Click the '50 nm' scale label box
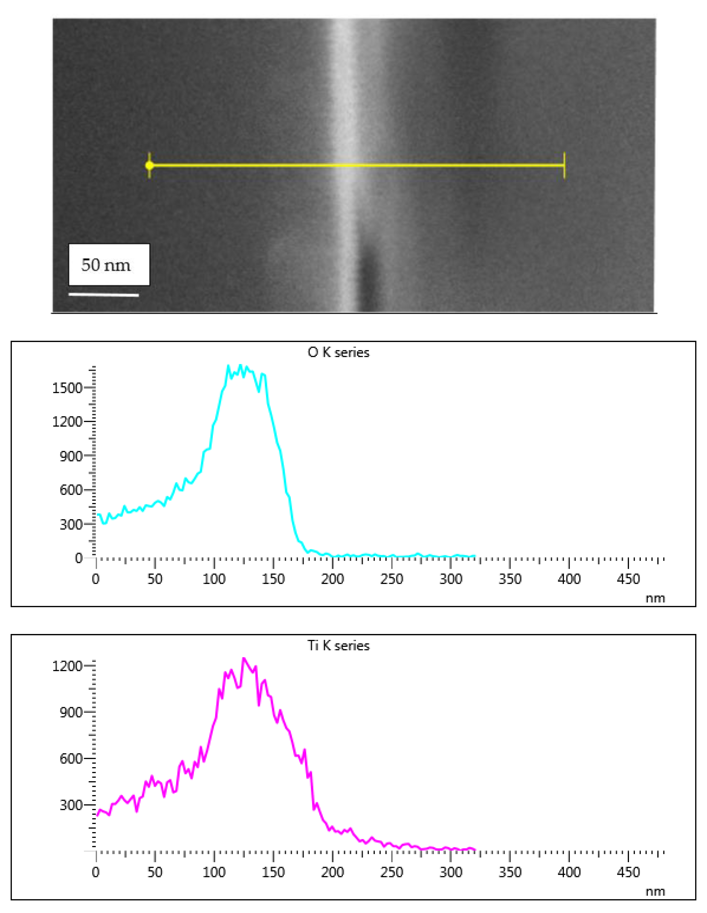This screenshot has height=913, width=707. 109,265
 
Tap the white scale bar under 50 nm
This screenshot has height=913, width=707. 104,295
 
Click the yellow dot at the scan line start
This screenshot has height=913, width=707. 149,166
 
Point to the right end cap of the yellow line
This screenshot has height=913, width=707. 564,166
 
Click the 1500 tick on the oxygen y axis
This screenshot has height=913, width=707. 67,388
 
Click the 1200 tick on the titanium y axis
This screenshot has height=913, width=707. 67,666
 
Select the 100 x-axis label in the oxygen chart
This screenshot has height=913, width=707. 214,579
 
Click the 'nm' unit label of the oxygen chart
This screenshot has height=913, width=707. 655,599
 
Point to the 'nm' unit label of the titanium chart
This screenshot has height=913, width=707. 655,892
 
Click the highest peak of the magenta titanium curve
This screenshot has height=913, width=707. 244,658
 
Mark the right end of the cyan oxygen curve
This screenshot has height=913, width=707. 475,556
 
